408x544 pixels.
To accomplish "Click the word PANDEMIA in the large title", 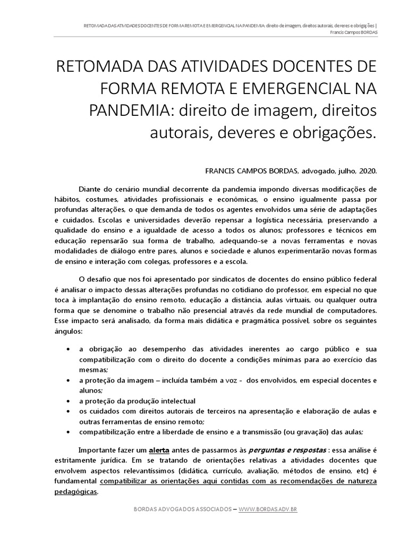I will [x=124, y=110].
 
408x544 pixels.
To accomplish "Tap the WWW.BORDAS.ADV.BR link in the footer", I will [x=268, y=509].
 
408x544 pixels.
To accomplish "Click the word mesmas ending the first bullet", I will [x=92, y=370].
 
